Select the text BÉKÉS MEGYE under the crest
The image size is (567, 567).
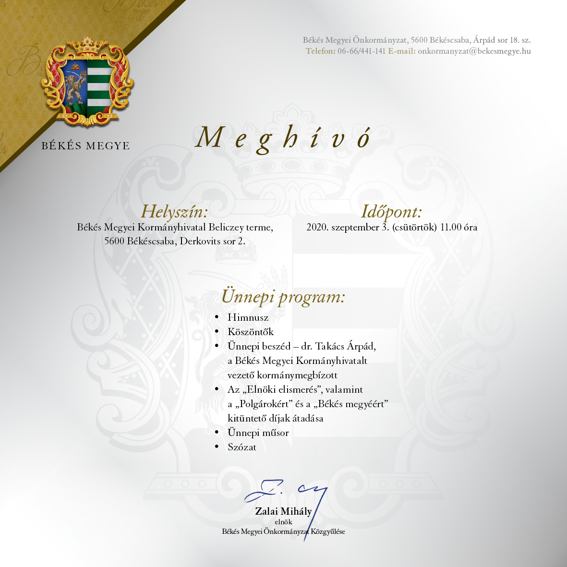[85, 146]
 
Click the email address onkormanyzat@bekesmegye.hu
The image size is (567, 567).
[474, 51]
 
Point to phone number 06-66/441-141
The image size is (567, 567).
[361, 51]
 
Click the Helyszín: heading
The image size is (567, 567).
[174, 212]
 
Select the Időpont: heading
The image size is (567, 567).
[391, 212]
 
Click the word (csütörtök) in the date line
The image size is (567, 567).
[414, 228]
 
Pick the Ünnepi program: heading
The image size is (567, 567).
[283, 297]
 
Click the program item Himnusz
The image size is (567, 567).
[248, 317]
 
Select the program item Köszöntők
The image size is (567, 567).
[251, 332]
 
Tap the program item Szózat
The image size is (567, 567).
[242, 447]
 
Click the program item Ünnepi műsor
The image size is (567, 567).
[258, 433]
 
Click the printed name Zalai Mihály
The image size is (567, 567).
[283, 511]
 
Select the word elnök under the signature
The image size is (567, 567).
[283, 522]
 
